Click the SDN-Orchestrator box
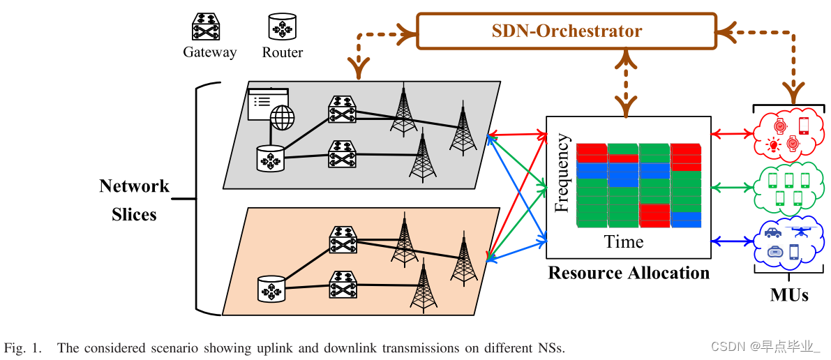pyautogui.click(x=567, y=31)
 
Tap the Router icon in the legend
pyautogui.click(x=283, y=27)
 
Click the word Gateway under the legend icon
pyautogui.click(x=209, y=52)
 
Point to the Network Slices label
pyautogui.click(x=134, y=200)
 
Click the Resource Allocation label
pyautogui.click(x=629, y=272)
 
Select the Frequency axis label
pyautogui.click(x=562, y=173)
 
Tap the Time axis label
pyautogui.click(x=624, y=241)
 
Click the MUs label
pyautogui.click(x=789, y=294)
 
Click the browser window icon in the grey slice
pyautogui.click(x=268, y=102)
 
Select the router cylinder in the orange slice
pyautogui.click(x=271, y=288)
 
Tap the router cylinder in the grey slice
pyautogui.click(x=271, y=158)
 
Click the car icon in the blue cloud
pyautogui.click(x=772, y=232)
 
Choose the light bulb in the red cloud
pyautogui.click(x=773, y=145)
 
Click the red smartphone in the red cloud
pyautogui.click(x=803, y=126)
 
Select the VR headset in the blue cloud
pyautogui.click(x=774, y=252)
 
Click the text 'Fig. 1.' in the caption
pyautogui.click(x=24, y=347)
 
